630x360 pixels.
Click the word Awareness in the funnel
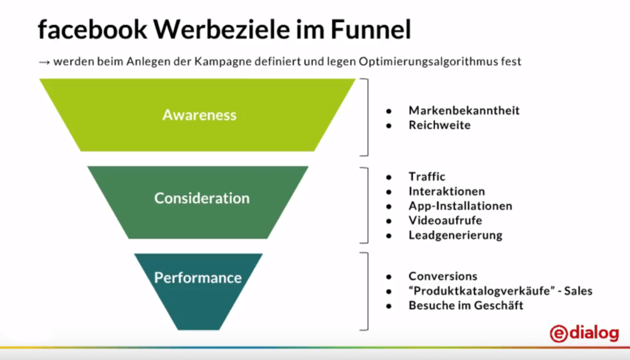click(199, 115)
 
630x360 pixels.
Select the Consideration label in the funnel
click(202, 198)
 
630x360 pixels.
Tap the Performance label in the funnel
click(197, 278)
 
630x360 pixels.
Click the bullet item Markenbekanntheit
click(464, 110)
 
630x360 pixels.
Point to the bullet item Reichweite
click(439, 125)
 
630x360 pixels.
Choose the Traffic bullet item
click(427, 177)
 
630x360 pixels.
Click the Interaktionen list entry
click(447, 191)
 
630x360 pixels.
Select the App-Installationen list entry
click(460, 206)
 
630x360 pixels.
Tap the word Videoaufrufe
click(445, 220)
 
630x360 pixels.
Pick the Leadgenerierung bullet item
click(455, 235)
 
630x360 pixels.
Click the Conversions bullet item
click(443, 276)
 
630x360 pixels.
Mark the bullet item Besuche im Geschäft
click(466, 305)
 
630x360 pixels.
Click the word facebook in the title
click(80, 30)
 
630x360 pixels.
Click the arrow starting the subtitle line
click(44, 62)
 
